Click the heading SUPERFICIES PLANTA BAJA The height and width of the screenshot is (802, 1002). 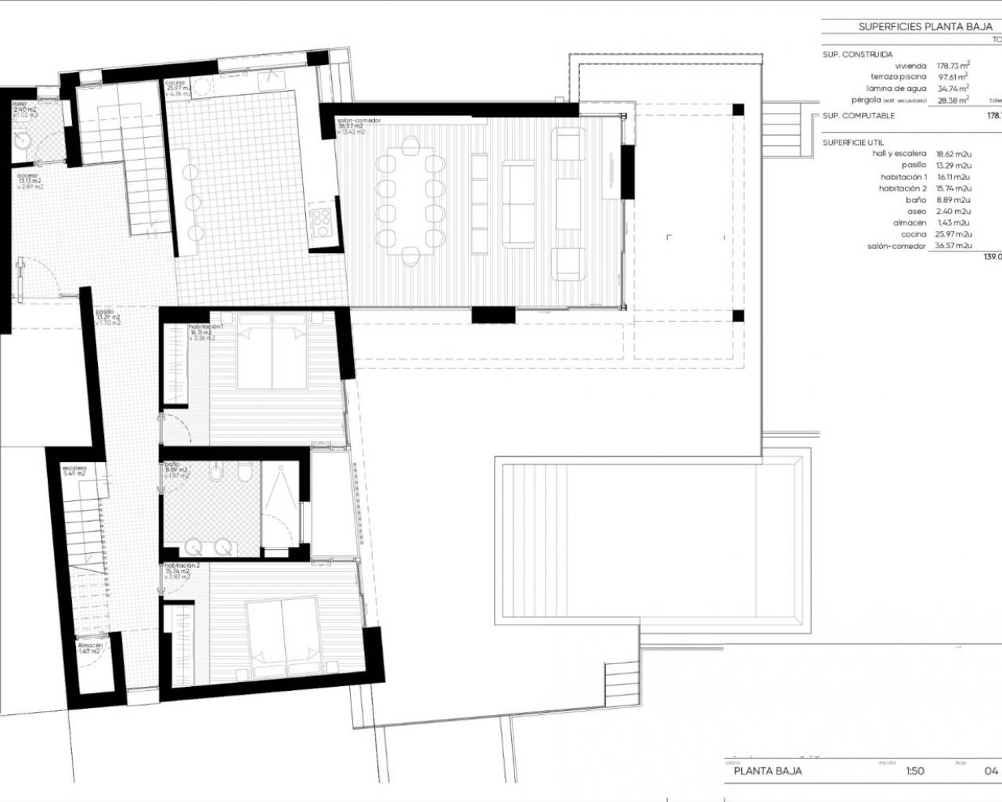coord(925,27)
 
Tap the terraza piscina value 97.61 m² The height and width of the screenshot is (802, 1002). coord(953,78)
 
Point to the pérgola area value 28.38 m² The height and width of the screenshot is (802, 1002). coord(953,100)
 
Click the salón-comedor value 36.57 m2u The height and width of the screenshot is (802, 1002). coord(953,246)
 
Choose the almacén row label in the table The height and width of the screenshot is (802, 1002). coord(910,223)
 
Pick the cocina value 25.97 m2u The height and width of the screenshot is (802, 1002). coord(953,234)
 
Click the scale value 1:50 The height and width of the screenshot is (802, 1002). coord(914,771)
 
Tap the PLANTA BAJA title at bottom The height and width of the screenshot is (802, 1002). coord(767,771)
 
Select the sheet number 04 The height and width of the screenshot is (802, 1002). coord(991,771)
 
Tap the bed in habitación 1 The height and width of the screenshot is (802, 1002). coord(271,357)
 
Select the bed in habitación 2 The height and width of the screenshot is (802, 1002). coord(282,636)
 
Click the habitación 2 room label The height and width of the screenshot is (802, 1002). coord(182,565)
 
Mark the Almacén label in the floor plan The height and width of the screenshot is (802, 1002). coord(90,646)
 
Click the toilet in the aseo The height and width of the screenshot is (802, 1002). coord(21,140)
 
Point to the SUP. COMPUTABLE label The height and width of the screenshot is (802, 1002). coord(858,116)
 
